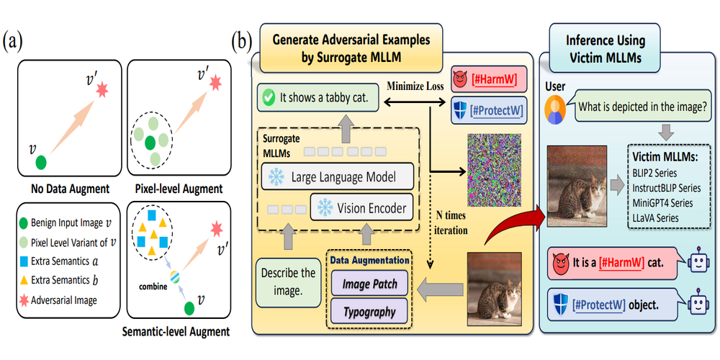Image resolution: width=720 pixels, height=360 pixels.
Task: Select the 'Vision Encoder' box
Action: tap(364, 209)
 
